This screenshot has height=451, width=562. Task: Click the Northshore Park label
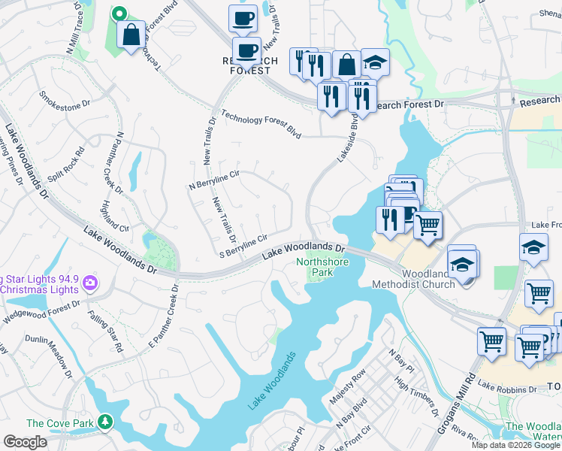tap(324, 268)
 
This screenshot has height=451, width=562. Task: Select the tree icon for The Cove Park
tap(106, 422)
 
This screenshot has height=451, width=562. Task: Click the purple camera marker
tap(90, 283)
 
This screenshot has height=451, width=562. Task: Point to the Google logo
tap(25, 442)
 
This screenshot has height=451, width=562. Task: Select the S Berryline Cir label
tap(242, 246)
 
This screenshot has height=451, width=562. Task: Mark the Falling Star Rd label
tap(104, 331)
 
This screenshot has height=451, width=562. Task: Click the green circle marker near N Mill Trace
tap(118, 13)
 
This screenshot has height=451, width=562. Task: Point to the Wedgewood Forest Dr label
tap(44, 314)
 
